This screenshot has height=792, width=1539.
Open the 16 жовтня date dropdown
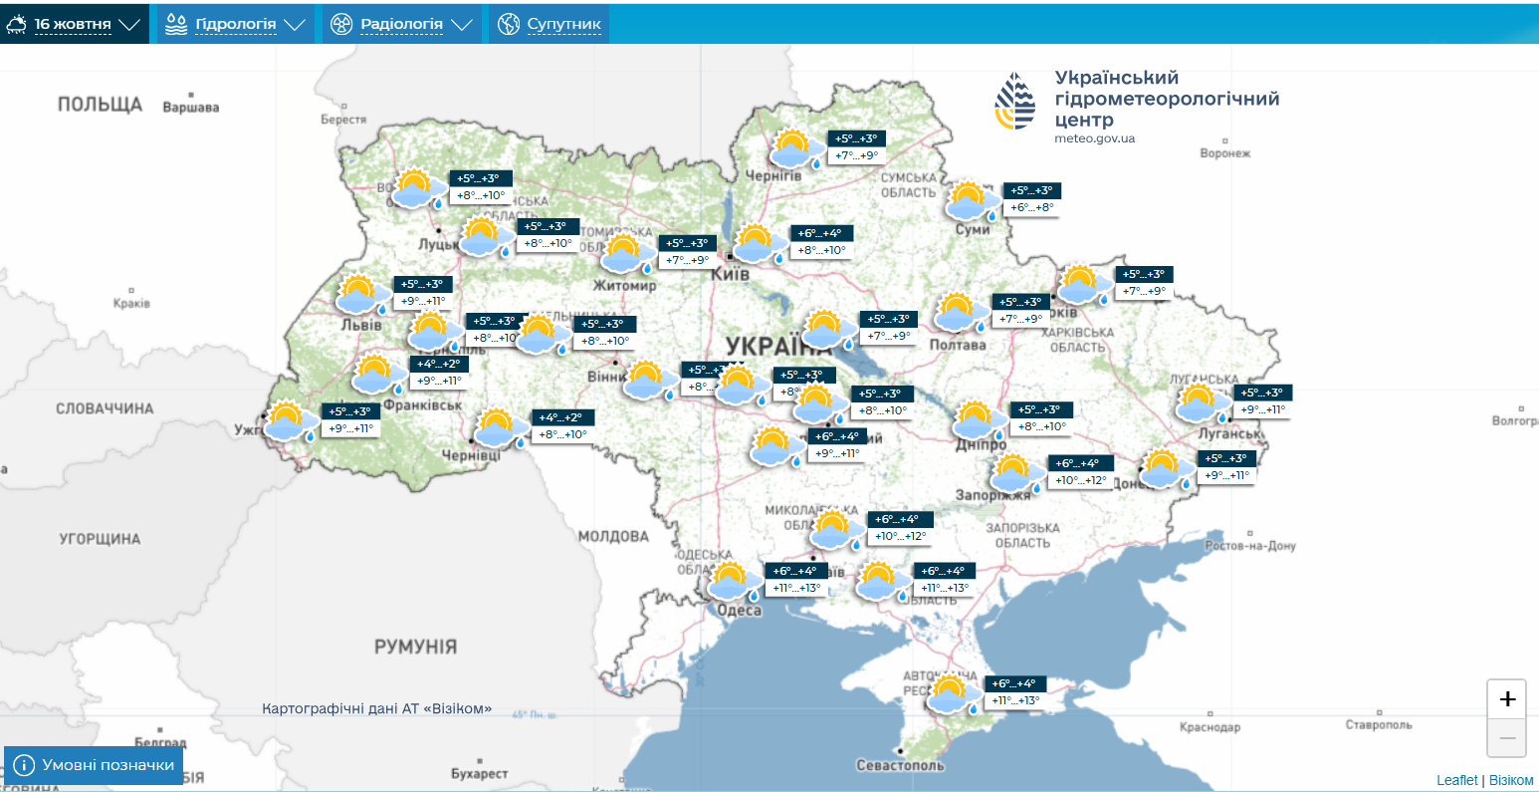(74, 24)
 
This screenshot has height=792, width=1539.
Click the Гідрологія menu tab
(235, 24)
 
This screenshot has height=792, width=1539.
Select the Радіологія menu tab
(401, 24)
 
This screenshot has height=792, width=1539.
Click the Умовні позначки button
(95, 765)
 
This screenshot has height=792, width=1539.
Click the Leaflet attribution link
(1456, 780)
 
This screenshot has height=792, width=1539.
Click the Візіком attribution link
(1511, 780)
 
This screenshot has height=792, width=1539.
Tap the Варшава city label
(190, 108)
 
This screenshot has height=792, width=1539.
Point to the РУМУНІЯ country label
(415, 647)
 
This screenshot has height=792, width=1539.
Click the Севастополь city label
(900, 765)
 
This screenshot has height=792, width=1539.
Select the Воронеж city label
(1224, 153)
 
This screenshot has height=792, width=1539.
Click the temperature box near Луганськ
(1261, 400)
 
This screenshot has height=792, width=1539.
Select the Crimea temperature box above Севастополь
(1014, 691)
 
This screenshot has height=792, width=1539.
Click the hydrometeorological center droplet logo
(1014, 102)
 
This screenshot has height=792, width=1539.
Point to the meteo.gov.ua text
(1094, 138)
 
